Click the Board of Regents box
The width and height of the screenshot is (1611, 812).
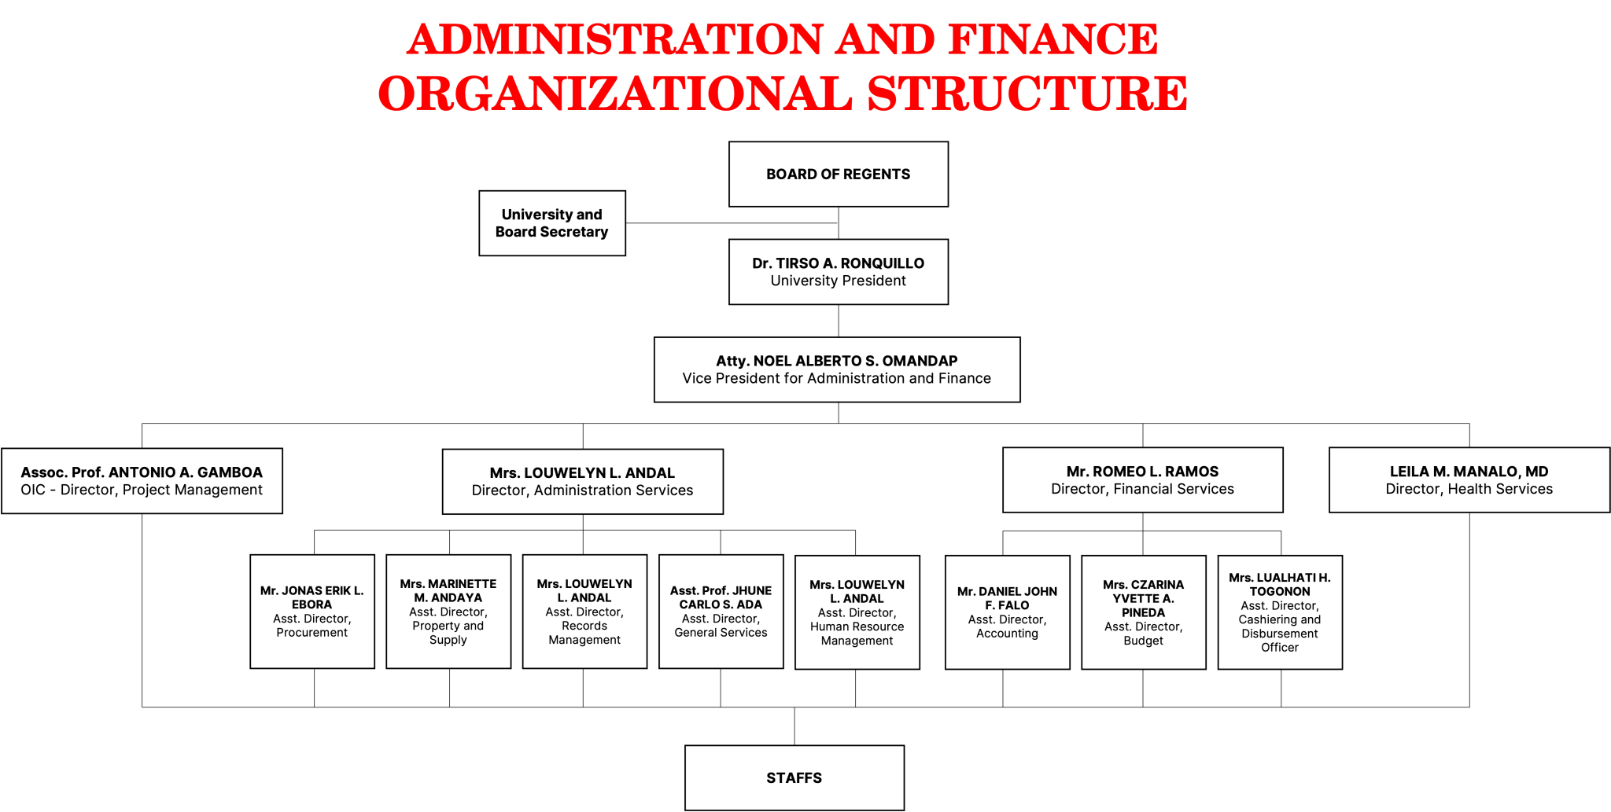(x=839, y=175)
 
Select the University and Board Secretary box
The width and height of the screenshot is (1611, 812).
(x=552, y=223)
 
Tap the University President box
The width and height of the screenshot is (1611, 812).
(x=839, y=272)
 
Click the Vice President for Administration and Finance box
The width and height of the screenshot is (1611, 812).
(x=837, y=369)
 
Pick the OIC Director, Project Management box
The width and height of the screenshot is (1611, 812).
(x=142, y=481)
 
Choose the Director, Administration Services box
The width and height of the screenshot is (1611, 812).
(x=583, y=482)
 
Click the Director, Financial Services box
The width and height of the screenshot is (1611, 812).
(x=1143, y=480)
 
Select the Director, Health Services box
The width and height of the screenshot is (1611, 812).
(x=1469, y=480)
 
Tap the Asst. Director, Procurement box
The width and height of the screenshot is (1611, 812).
(x=312, y=612)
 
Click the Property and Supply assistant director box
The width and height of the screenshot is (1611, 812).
(x=448, y=612)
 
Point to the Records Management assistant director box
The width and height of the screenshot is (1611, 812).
(x=584, y=612)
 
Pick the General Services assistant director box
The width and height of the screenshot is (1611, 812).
(x=721, y=612)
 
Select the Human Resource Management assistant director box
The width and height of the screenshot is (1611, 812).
(x=857, y=612)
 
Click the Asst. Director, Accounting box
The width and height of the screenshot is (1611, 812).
(x=1008, y=612)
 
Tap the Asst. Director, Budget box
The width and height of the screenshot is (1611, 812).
(x=1144, y=612)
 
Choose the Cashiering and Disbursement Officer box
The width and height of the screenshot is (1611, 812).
(x=1280, y=612)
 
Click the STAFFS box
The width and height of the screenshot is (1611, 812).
(x=794, y=778)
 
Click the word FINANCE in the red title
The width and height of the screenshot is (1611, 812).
(x=1053, y=39)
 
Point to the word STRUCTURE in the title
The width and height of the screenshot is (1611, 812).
(x=1027, y=94)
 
